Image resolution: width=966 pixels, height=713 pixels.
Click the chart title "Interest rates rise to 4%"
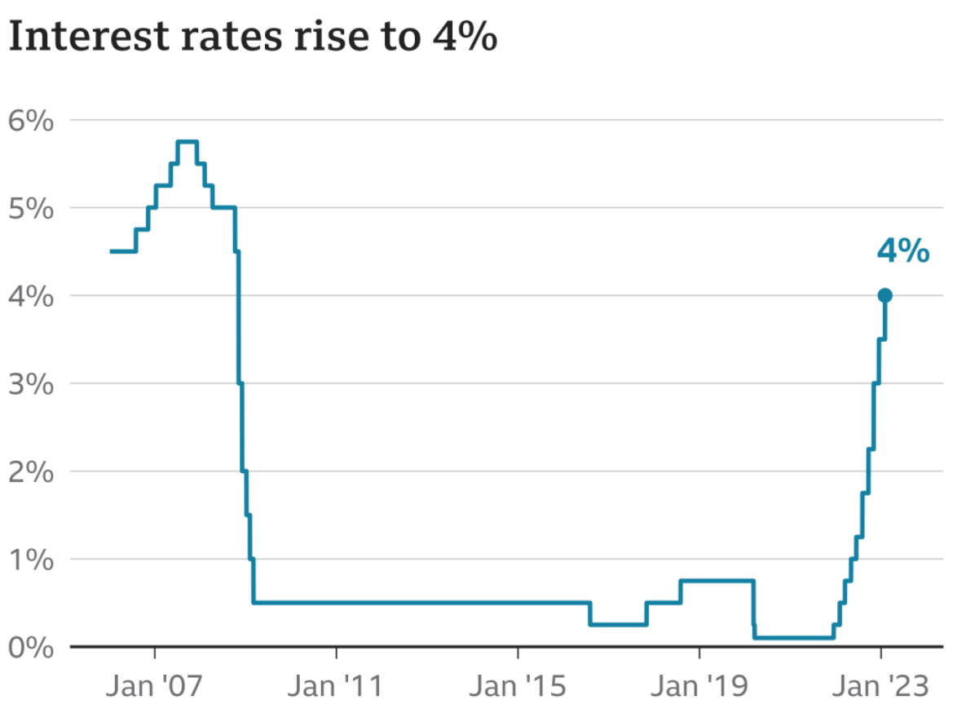click(x=253, y=38)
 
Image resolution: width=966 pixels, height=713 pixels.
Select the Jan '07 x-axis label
click(x=155, y=687)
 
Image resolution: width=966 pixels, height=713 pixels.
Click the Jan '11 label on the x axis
click(x=336, y=687)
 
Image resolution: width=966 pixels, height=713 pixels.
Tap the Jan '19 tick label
click(x=699, y=687)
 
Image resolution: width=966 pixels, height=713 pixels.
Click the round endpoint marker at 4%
click(x=884, y=295)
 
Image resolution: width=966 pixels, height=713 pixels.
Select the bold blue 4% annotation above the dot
click(x=902, y=252)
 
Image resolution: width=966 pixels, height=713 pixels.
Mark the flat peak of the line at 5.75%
click(x=187, y=142)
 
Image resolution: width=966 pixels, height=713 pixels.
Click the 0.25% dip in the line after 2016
click(x=618, y=625)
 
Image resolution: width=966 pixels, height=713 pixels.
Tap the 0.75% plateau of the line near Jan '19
click(x=717, y=581)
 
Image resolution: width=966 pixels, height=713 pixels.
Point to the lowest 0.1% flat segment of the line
click(x=793, y=638)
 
